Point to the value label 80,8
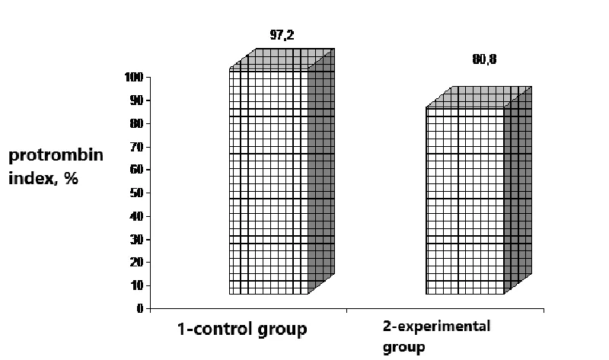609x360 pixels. tap(484, 60)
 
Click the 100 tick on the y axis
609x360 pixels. tap(134, 77)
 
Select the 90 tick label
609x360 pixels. tap(137, 100)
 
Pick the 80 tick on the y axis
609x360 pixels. tap(137, 123)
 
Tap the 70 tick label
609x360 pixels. tap(137, 147)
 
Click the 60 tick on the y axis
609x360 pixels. tap(137, 170)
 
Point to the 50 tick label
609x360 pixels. tap(137, 193)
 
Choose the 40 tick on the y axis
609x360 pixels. tap(137, 216)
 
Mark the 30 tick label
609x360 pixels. tap(137, 240)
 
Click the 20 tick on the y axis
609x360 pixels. tap(137, 263)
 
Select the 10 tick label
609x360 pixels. tap(137, 285)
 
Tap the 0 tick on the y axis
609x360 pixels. tap(140, 309)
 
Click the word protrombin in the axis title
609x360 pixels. tap(56, 155)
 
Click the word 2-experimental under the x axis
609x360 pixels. tap(436, 327)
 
